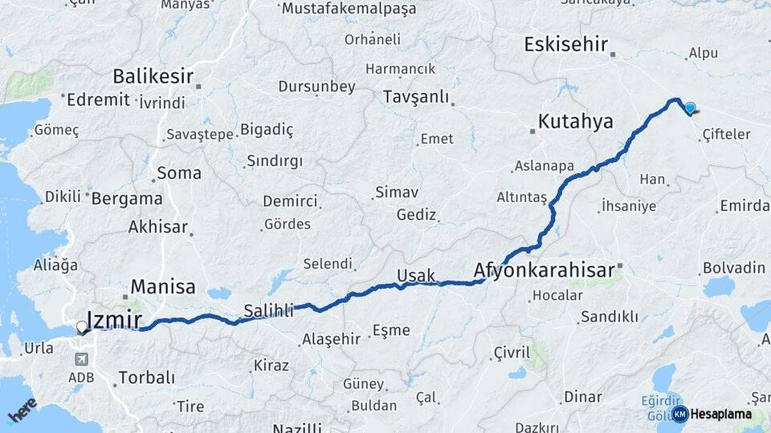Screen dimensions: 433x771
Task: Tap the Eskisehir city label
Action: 565,44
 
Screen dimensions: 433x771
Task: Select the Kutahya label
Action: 575,122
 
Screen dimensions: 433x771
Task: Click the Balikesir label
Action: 153,77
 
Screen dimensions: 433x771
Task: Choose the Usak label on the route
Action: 416,276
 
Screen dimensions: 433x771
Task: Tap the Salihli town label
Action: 268,310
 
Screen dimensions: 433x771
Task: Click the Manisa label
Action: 163,286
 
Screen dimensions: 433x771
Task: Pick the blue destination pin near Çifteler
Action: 690,107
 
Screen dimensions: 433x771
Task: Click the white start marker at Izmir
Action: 82,327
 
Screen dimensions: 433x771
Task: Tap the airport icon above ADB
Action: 80,360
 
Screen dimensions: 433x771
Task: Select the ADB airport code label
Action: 80,377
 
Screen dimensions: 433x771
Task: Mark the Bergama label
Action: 127,198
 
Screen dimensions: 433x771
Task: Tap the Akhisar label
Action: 158,227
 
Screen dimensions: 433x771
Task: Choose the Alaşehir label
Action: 331,339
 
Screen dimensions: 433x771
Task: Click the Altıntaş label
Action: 521,197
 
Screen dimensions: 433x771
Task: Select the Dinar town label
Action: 583,396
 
